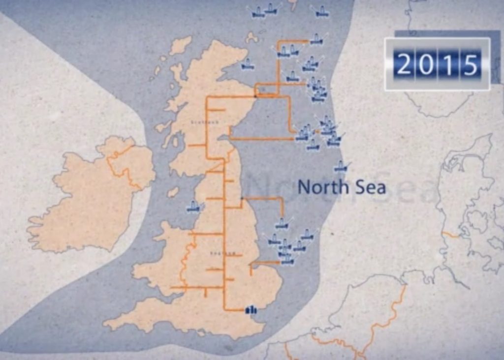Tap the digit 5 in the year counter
pos(470,64)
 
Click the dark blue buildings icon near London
pos(252,309)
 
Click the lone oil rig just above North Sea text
pos(341,167)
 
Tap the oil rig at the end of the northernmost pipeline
pos(316,38)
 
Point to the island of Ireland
pos(89,197)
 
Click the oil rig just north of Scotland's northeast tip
pos(248,64)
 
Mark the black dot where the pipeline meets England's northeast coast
pos(242,198)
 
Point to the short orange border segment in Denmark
pos(450,235)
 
